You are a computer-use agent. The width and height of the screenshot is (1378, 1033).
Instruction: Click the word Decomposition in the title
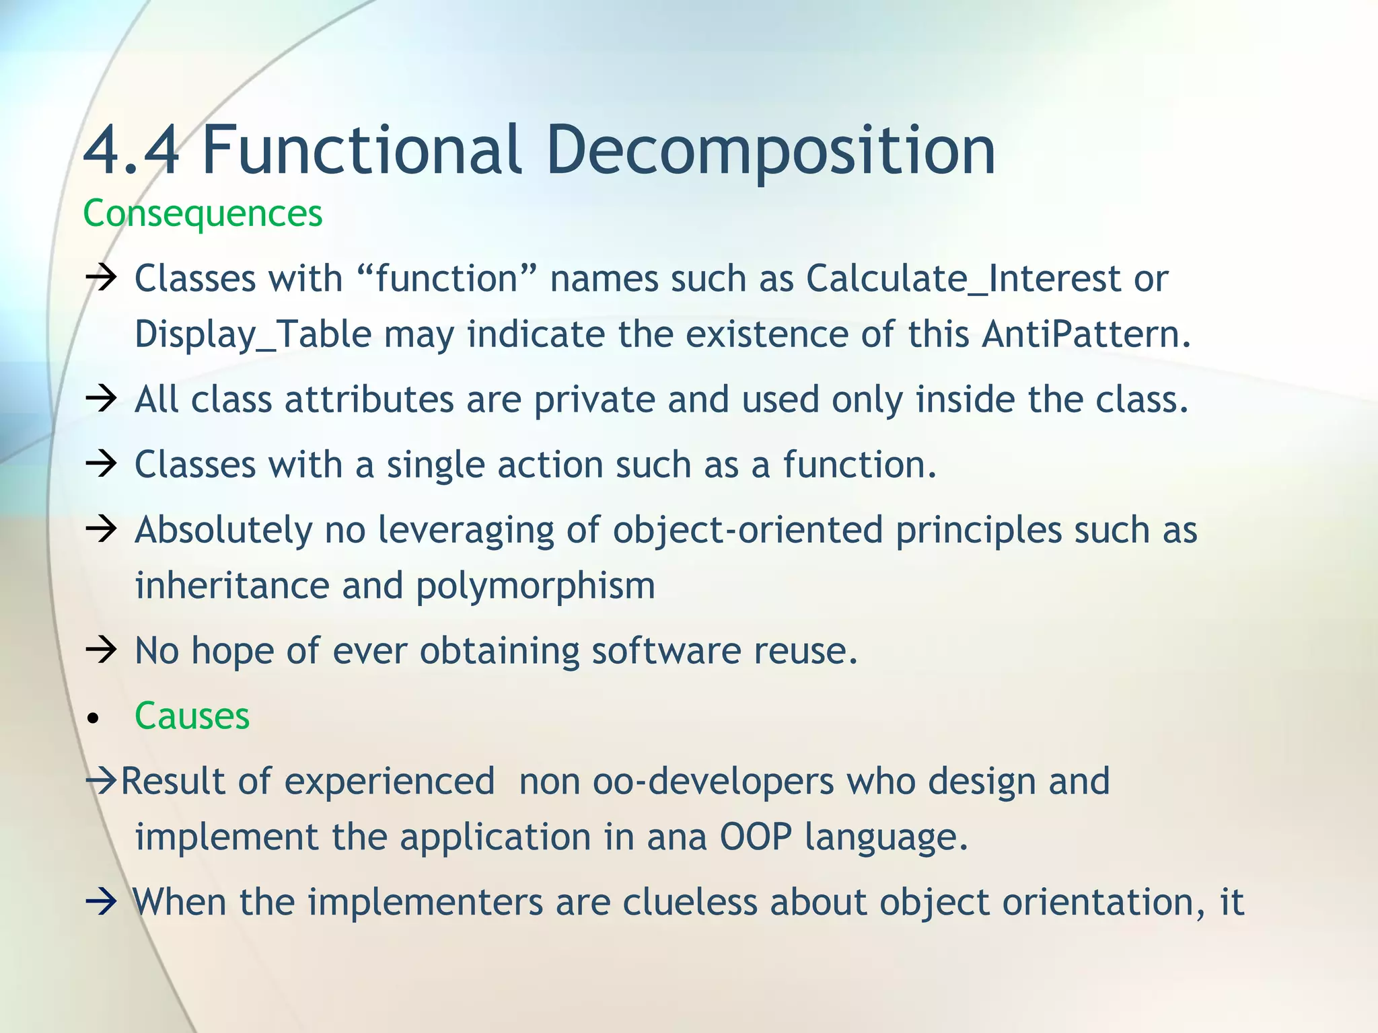coord(770,151)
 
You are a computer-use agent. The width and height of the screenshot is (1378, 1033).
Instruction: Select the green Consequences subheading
coord(203,213)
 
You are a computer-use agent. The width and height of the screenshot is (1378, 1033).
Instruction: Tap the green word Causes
coord(192,716)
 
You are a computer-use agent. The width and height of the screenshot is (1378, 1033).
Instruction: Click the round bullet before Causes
coord(94,719)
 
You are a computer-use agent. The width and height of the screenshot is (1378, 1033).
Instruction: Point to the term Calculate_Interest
coord(963,278)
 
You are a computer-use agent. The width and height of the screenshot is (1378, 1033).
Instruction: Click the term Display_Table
coord(253,334)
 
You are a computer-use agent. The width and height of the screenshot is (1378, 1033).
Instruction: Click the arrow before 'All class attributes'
coord(101,399)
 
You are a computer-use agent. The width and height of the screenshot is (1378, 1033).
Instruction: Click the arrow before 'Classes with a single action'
coord(101,464)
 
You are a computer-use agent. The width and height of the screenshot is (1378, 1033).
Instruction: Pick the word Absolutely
coord(223,530)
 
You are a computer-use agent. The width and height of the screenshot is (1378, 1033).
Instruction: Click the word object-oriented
coord(747,530)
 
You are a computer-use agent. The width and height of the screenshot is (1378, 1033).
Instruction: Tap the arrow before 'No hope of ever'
coord(101,650)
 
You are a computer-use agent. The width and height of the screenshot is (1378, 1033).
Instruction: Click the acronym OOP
coord(755,837)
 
